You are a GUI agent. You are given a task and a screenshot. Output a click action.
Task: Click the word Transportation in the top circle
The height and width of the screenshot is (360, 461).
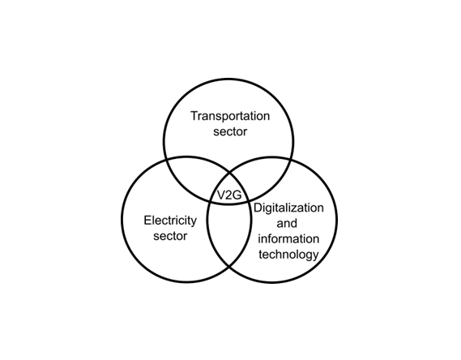[230, 116]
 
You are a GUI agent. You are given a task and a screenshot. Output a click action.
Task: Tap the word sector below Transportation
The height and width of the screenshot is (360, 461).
[230, 131]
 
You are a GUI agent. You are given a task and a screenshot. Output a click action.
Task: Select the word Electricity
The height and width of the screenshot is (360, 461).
[170, 221]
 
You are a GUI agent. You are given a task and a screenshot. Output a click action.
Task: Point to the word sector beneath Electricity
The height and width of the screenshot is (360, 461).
[170, 236]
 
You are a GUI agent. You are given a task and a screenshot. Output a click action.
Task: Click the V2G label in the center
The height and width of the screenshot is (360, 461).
[229, 195]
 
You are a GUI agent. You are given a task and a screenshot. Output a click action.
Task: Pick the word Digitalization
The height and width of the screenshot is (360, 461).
[288, 208]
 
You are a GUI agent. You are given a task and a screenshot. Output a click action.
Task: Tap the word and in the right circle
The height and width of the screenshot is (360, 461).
[287, 223]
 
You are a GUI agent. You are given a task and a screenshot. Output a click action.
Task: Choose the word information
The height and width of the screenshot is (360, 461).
[288, 238]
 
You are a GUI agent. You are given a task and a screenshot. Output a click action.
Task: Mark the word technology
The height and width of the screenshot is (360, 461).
[288, 255]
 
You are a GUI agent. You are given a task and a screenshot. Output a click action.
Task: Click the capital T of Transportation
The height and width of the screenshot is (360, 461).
[194, 116]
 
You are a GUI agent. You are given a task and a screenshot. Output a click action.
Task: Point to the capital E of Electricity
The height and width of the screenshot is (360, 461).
[147, 221]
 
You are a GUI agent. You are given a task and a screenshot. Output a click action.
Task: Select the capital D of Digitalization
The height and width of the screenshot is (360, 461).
[258, 208]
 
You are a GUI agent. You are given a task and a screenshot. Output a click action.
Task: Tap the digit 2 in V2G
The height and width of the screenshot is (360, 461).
[229, 195]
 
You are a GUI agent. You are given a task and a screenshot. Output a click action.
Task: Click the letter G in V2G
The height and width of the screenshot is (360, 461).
[237, 195]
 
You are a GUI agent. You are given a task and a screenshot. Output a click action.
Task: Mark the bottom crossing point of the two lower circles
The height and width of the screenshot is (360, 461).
[229, 267]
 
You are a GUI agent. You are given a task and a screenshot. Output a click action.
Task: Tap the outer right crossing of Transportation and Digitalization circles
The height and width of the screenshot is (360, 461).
[292, 160]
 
